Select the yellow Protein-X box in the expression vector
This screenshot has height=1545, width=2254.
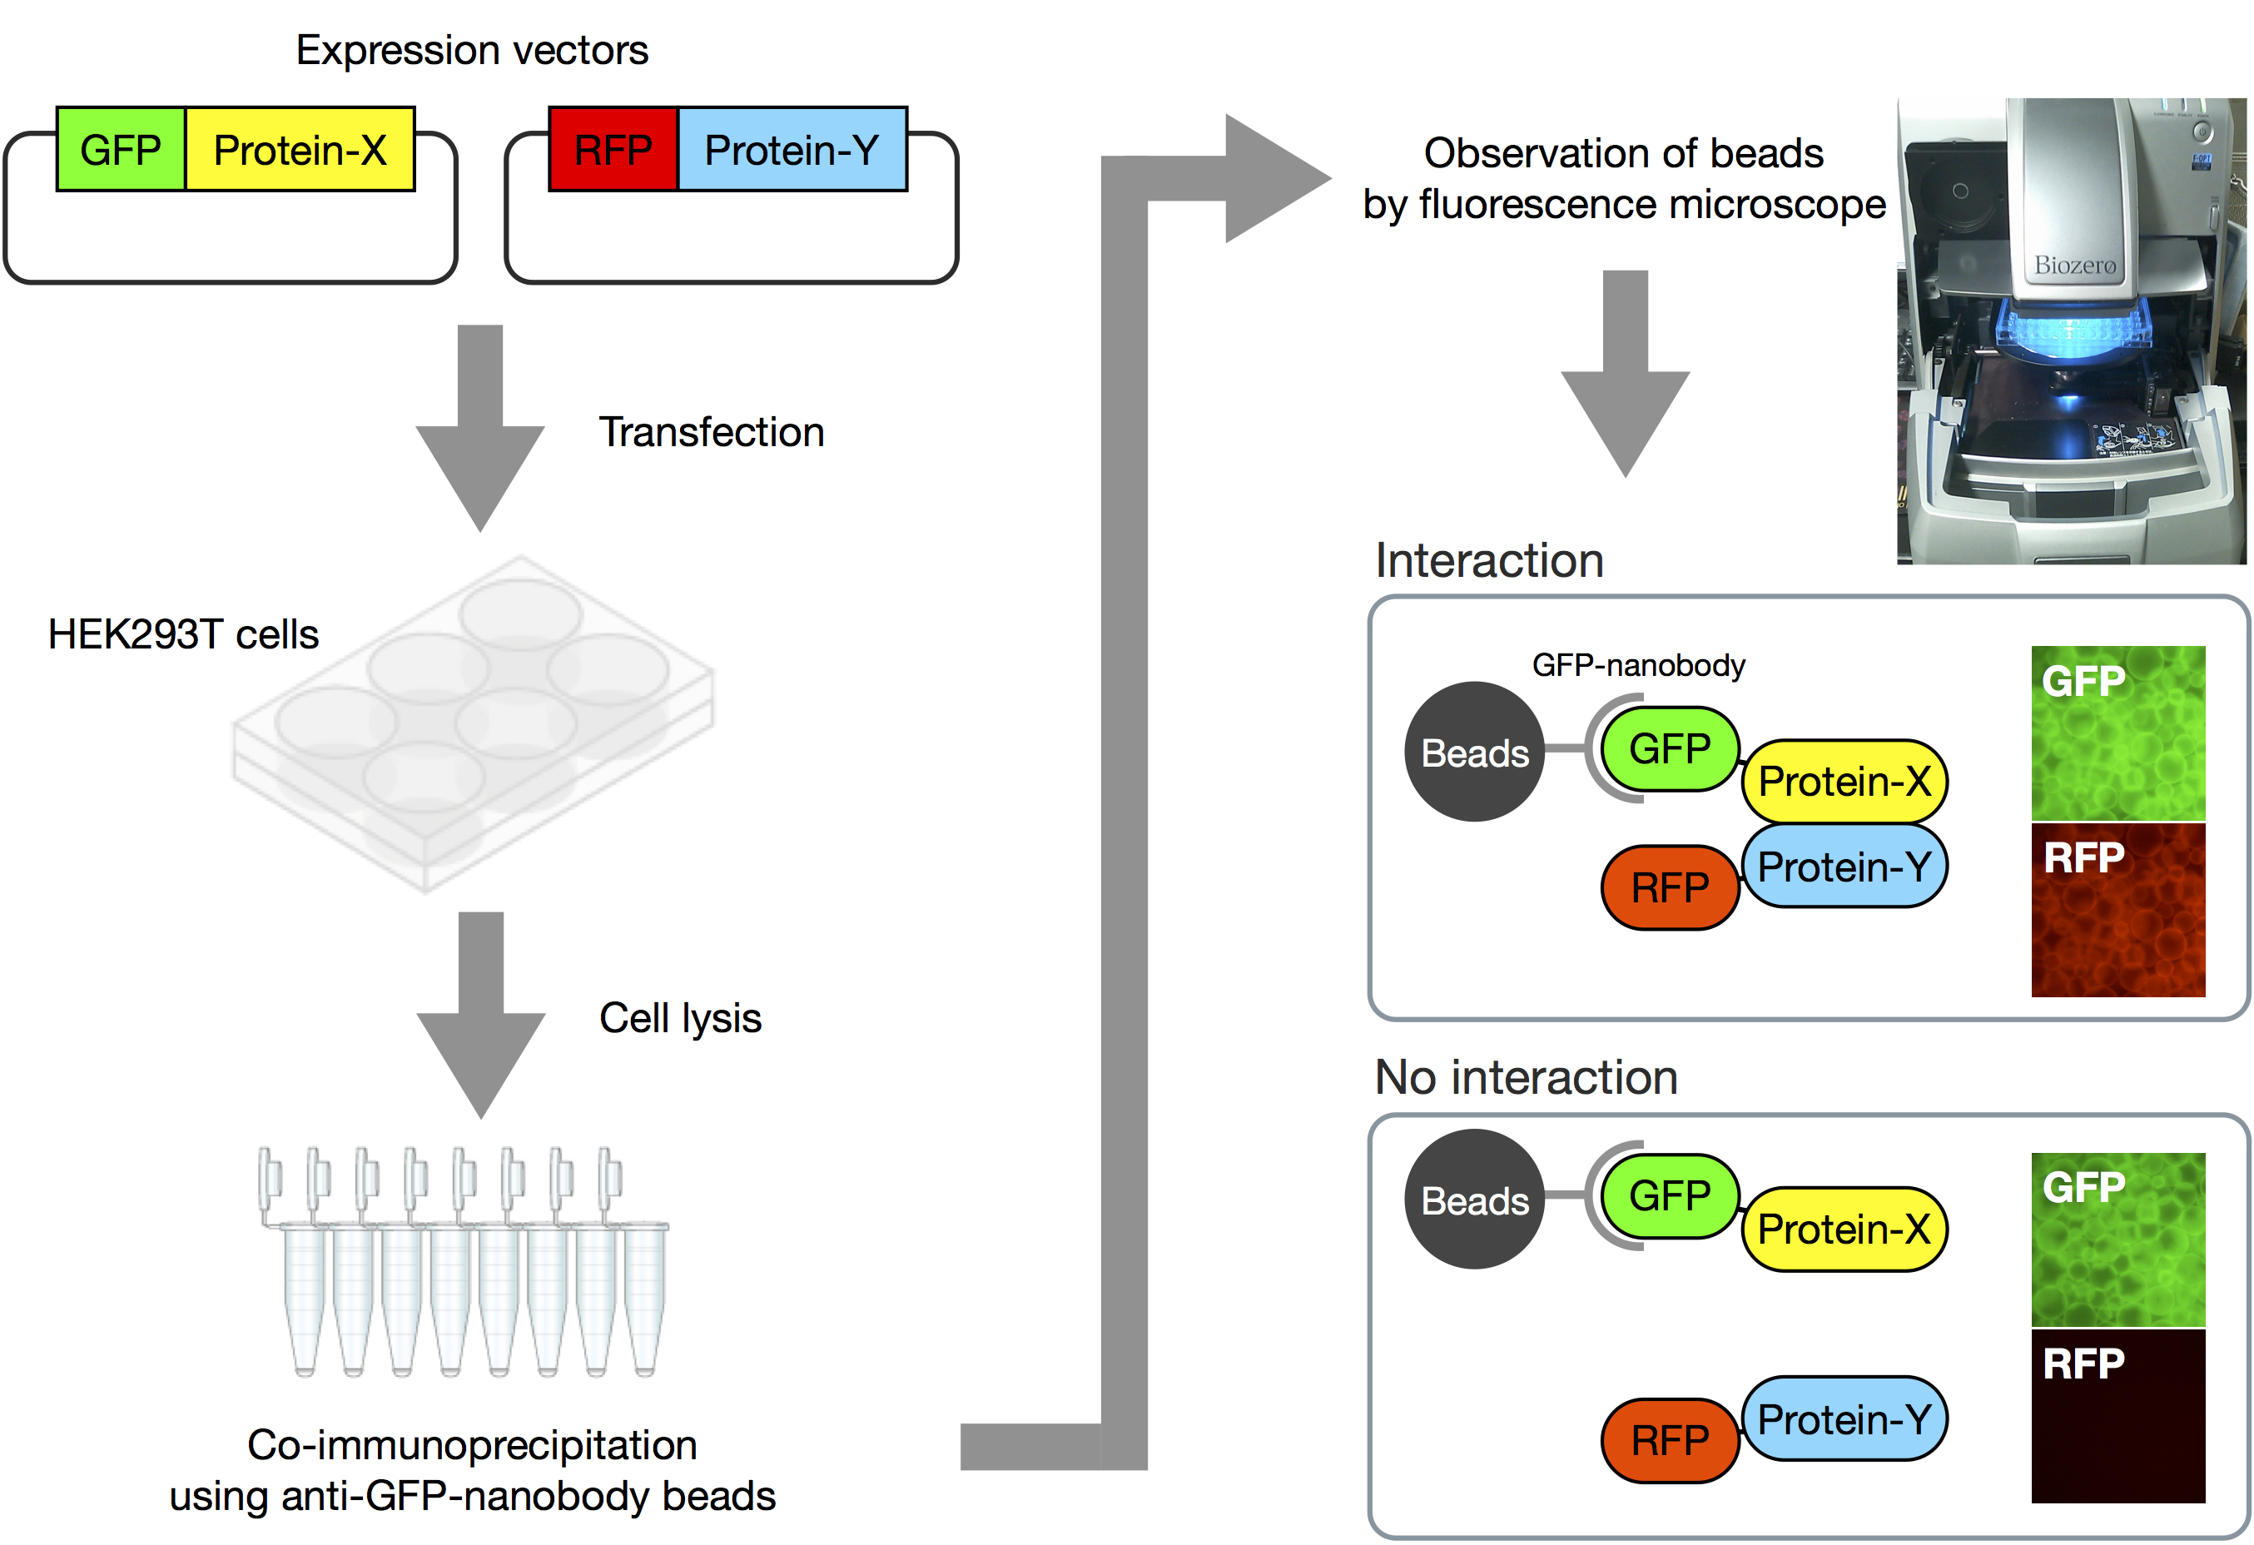click(300, 149)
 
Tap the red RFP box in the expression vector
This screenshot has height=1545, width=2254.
click(613, 149)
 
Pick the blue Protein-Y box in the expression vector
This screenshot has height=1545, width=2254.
click(792, 149)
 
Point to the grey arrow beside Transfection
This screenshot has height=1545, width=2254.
click(480, 428)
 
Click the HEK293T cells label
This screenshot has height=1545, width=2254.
click(183, 634)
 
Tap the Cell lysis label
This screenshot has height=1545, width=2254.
click(680, 1018)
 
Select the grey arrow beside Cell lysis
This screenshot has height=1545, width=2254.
click(480, 1015)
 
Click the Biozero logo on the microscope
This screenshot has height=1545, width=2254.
click(2074, 265)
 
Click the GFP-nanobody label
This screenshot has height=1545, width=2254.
click(1638, 665)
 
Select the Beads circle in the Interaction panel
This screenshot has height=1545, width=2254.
click(1474, 752)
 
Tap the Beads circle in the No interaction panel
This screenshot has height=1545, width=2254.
click(1474, 1200)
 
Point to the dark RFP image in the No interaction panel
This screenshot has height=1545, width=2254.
click(2118, 1416)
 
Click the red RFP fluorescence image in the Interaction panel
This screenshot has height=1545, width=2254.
click(2118, 911)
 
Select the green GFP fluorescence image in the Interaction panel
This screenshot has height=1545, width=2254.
click(2118, 733)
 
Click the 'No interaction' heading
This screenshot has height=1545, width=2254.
click(1527, 1076)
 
